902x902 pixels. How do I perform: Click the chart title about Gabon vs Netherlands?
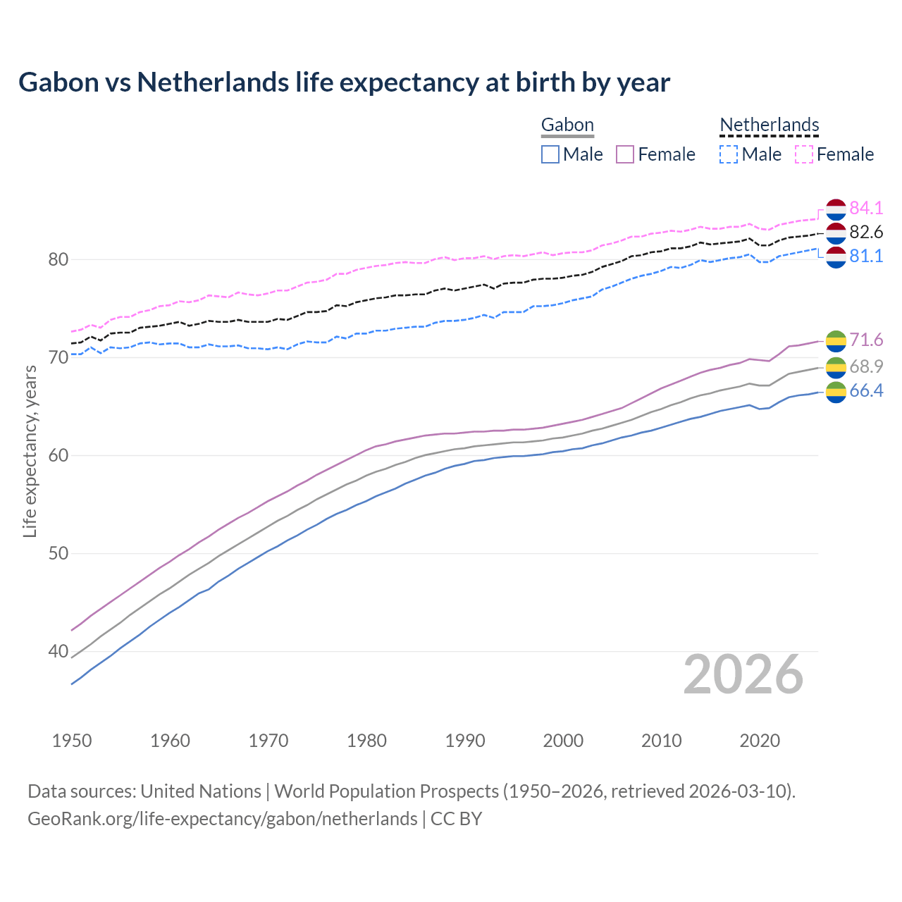pos(344,82)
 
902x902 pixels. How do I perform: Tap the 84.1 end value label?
pos(866,208)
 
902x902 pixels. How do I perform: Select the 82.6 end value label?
pos(866,232)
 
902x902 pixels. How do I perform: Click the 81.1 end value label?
pos(866,256)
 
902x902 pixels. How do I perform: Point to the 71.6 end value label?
pos(866,340)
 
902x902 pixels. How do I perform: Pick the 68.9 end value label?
pos(866,366)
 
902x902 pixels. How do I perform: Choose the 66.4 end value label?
pos(866,391)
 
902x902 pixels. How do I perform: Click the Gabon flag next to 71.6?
pos(836,340)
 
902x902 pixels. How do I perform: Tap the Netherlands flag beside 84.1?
pos(836,209)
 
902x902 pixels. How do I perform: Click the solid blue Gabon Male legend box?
pos(550,154)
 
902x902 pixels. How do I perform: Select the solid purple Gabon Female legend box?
pos(625,154)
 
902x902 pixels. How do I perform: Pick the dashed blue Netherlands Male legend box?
pos(729,154)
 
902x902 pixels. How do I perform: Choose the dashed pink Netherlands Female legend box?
pos(804,154)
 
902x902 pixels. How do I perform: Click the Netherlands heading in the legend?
pos(769,125)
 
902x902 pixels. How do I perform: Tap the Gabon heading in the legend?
pos(567,125)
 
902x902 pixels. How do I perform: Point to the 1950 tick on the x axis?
pos(72,741)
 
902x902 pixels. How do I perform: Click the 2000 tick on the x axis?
pos(563,741)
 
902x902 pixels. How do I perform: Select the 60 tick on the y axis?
pos(58,455)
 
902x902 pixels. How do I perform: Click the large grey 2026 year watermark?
pos(743,674)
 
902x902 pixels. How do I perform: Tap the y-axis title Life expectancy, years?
pos(30,451)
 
